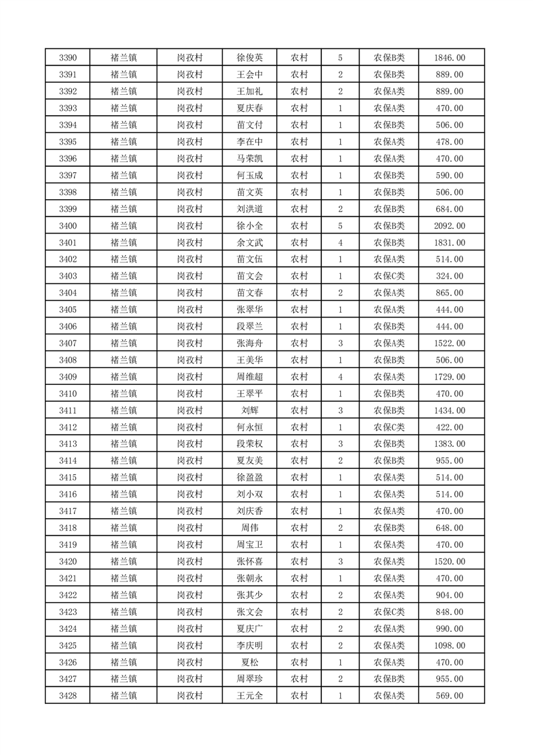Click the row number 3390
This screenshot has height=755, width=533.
[67, 58]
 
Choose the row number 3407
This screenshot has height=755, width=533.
[67, 344]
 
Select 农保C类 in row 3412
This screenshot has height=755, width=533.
[389, 427]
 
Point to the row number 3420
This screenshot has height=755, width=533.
[67, 562]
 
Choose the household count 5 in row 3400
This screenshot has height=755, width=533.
[341, 226]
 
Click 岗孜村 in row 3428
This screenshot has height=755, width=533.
[190, 696]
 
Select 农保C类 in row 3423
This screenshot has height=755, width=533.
[389, 612]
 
